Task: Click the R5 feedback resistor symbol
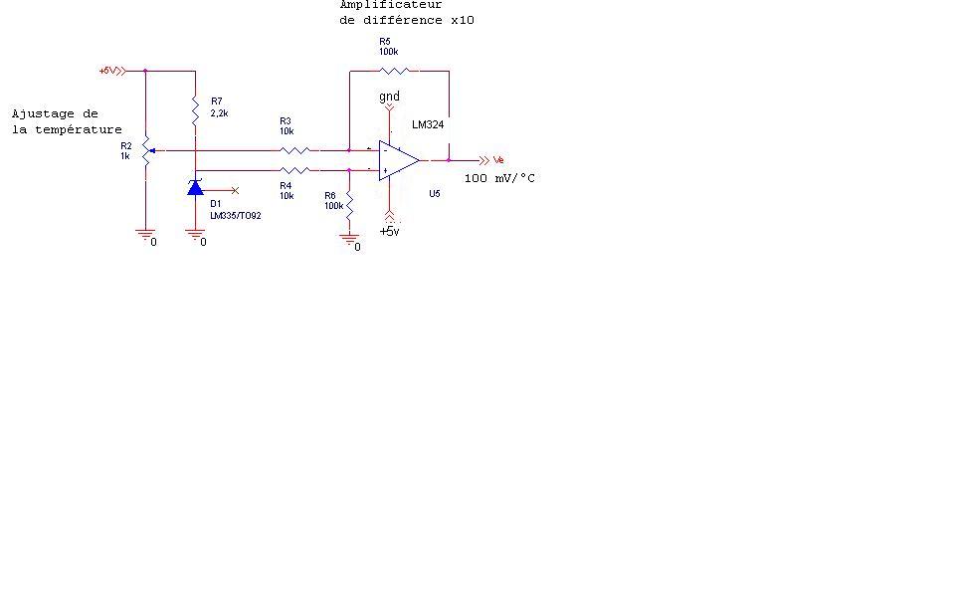pyautogui.click(x=394, y=71)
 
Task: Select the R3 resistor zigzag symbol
pyautogui.click(x=294, y=150)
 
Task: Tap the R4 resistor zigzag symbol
pyautogui.click(x=294, y=170)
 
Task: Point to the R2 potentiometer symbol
pyautogui.click(x=146, y=151)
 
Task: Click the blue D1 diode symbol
pyautogui.click(x=195, y=187)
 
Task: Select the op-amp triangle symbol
pyautogui.click(x=397, y=160)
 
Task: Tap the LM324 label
pyautogui.click(x=428, y=125)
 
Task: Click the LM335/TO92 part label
pyautogui.click(x=236, y=215)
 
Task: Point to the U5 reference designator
pyautogui.click(x=435, y=194)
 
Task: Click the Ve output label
pyautogui.click(x=499, y=159)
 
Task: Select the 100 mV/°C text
pyautogui.click(x=499, y=178)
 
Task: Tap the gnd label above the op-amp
pyautogui.click(x=389, y=97)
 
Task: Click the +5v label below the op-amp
pyautogui.click(x=389, y=231)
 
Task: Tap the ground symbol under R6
pyautogui.click(x=349, y=238)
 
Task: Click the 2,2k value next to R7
pyautogui.click(x=220, y=113)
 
